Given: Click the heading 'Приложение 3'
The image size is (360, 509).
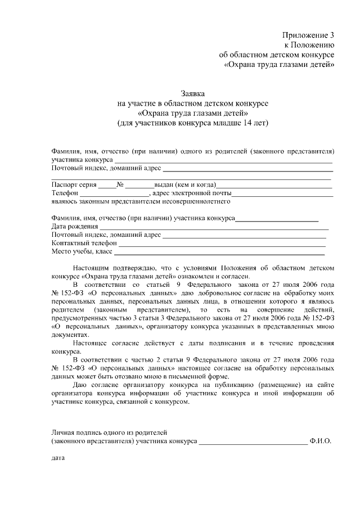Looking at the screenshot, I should coord(308,34).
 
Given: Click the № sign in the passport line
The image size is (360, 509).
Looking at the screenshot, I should coord(120,184).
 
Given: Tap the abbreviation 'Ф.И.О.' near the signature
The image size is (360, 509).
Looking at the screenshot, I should coord(321,442).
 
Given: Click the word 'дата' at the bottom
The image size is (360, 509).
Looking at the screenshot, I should coord(58,458).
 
